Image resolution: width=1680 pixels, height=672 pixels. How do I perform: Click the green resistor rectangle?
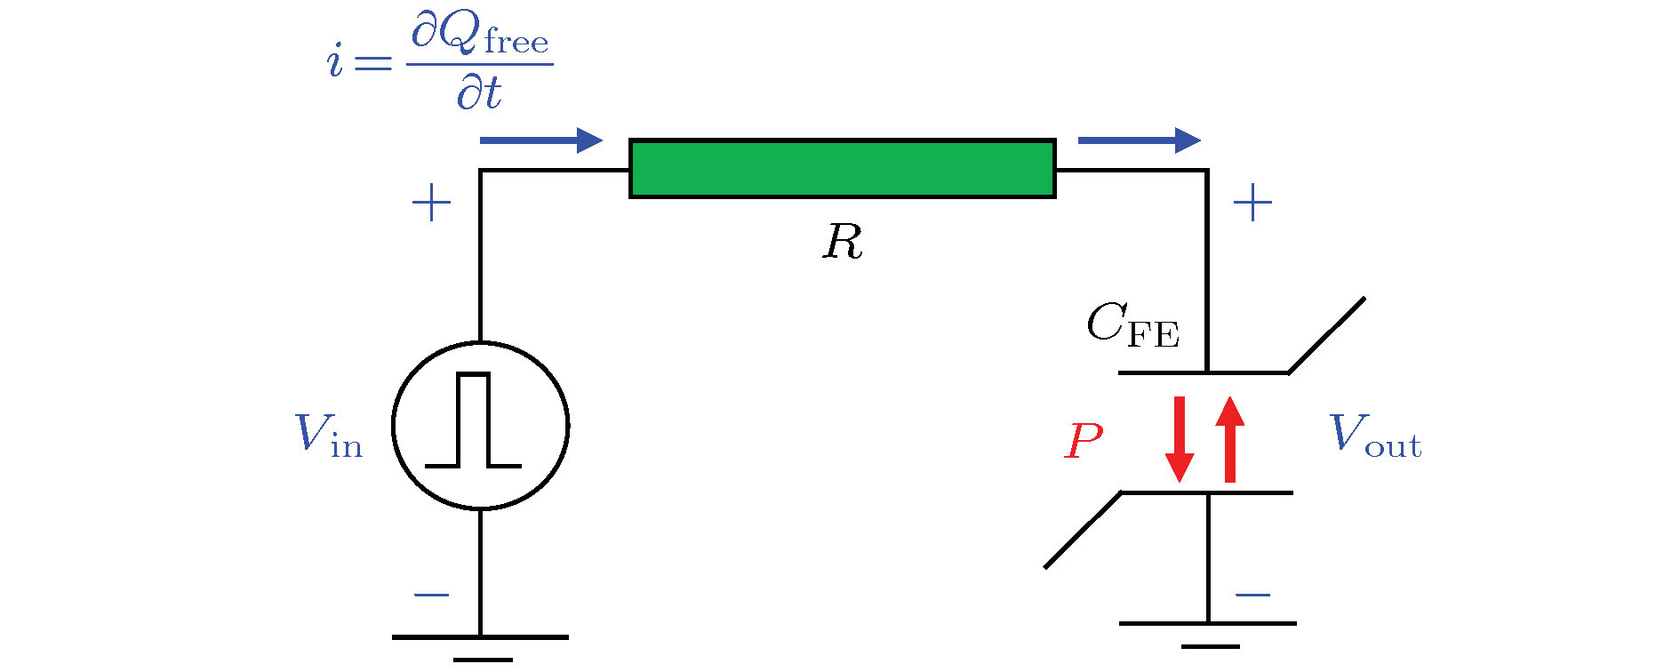(842, 168)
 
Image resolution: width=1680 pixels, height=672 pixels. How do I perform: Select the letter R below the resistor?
(842, 242)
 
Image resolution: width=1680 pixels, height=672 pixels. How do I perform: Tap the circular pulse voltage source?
(480, 426)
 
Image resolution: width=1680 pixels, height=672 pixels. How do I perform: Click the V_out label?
(1374, 436)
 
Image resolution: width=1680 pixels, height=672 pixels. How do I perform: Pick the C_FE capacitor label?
(1132, 325)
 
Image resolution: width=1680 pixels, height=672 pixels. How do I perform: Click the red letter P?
(1084, 441)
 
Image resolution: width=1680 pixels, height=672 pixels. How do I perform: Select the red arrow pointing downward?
(1180, 439)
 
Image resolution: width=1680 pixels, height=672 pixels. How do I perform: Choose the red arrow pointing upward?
(1230, 439)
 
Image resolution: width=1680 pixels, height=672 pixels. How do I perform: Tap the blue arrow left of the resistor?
(540, 140)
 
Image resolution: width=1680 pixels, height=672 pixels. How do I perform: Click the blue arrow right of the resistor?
(1139, 140)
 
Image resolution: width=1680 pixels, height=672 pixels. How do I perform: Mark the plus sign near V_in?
(431, 204)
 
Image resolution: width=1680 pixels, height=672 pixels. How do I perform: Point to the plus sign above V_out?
(1252, 204)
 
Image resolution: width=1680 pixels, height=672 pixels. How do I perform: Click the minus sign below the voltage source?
(431, 595)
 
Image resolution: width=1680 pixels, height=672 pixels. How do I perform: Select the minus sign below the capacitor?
(1252, 595)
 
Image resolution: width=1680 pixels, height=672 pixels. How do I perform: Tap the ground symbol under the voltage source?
(481, 647)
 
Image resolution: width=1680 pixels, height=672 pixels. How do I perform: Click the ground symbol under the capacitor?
(1208, 634)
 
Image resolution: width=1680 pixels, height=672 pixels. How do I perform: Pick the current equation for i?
(439, 62)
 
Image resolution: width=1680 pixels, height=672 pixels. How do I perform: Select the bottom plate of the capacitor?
(1206, 492)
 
